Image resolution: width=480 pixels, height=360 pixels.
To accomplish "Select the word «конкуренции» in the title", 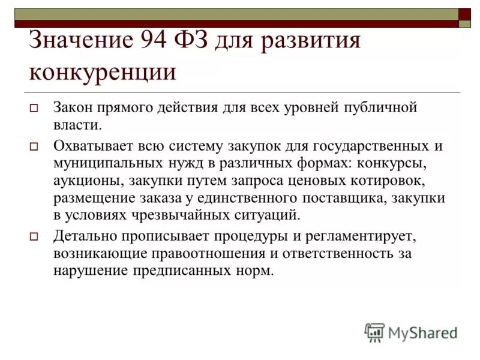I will click(x=103, y=73).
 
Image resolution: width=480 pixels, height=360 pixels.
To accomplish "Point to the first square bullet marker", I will click(x=34, y=110).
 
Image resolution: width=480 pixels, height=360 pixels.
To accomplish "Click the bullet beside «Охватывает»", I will click(x=34, y=146).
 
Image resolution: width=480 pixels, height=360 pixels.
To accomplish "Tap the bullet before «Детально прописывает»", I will click(x=34, y=236).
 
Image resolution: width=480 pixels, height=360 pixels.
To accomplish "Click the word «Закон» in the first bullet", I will click(x=73, y=109).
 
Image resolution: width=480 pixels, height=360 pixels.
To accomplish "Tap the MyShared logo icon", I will click(x=374, y=332).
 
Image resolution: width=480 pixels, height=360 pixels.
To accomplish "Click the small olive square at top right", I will click(x=465, y=24).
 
